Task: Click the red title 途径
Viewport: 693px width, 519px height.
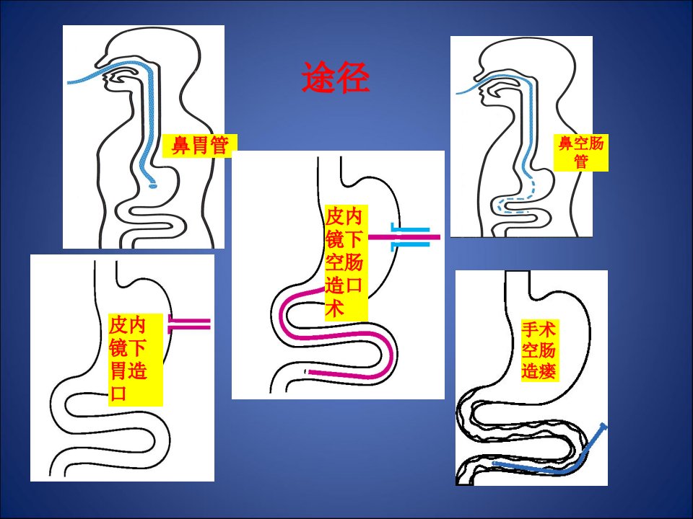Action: pos(336,77)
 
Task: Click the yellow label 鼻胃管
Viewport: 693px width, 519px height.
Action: pos(200,145)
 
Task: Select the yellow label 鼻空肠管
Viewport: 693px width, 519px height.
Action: pos(580,153)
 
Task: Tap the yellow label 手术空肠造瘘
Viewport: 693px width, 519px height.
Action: pos(539,350)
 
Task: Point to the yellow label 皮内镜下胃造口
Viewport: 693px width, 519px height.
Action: pos(136,359)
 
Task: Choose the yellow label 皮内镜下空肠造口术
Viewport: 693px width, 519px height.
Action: pos(346,262)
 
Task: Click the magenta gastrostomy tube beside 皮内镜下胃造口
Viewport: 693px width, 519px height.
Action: pos(189,325)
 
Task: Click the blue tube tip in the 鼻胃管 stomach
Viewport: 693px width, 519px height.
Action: pos(152,186)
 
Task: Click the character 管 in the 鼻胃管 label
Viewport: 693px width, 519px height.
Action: pos(219,146)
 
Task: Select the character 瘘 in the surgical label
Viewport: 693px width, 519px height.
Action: pos(547,371)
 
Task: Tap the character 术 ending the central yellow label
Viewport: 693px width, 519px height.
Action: pos(334,308)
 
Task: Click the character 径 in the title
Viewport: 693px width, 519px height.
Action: pos(352,77)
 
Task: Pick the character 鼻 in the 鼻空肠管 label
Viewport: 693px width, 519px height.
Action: pos(566,143)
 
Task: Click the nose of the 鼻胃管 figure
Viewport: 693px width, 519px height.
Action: pos(99,62)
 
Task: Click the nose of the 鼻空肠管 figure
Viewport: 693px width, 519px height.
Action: pos(477,75)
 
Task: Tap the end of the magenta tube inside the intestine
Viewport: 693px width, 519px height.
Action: pos(310,372)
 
